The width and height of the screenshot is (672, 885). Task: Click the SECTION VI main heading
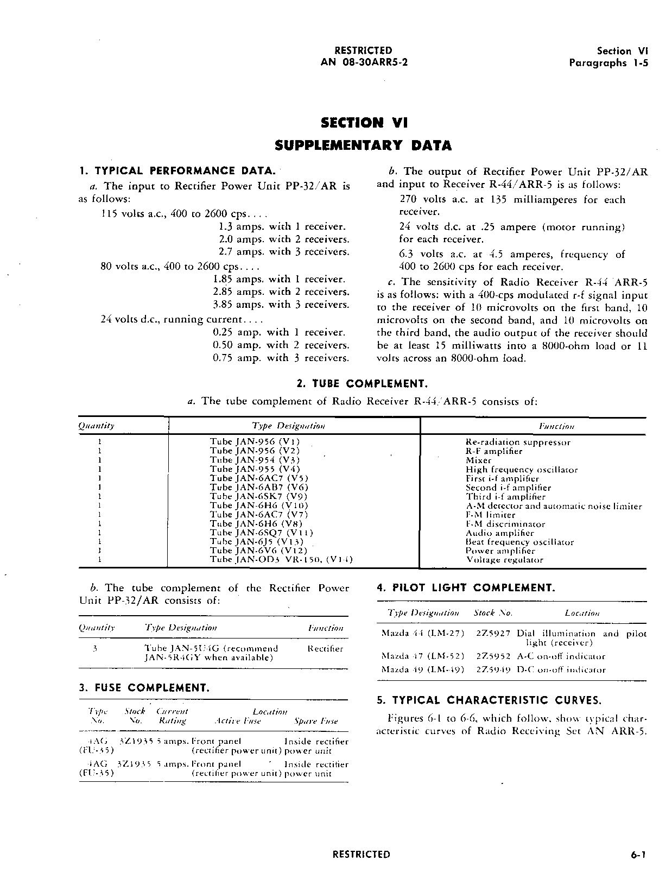click(364, 123)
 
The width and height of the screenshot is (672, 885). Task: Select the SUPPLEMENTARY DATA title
click(363, 146)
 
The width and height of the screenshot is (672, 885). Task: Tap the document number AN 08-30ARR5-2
click(364, 62)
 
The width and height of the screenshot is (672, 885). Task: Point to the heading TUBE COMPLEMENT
click(362, 384)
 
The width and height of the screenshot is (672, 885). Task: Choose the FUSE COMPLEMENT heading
click(144, 688)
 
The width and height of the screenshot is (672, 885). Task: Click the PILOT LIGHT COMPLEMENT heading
click(465, 588)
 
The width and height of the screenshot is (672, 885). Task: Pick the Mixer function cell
click(478, 460)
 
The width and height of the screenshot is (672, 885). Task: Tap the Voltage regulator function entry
click(504, 560)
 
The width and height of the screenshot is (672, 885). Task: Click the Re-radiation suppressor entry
click(518, 442)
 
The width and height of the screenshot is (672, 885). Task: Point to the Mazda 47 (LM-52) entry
click(423, 656)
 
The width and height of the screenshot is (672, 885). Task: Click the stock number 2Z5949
click(493, 669)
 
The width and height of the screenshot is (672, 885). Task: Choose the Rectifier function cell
click(325, 648)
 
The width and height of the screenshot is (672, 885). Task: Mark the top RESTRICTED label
click(363, 50)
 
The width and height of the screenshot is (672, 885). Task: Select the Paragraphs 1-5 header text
click(608, 62)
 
